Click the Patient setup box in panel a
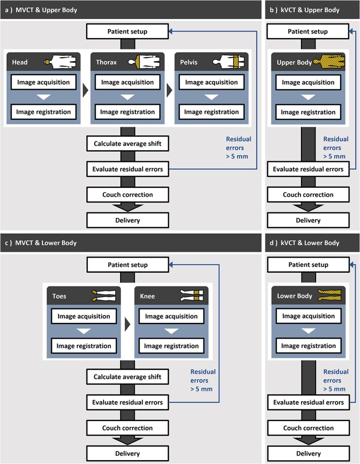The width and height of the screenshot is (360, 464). click(x=127, y=31)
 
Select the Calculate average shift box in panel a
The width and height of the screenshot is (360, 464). click(x=127, y=144)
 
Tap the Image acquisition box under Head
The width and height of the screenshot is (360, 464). click(x=43, y=82)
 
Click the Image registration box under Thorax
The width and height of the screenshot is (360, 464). click(x=127, y=112)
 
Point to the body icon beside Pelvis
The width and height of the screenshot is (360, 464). click(x=228, y=62)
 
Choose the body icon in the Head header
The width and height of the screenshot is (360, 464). click(x=61, y=62)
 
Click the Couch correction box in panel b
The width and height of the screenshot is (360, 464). click(x=308, y=195)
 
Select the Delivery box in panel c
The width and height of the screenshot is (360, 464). click(x=127, y=454)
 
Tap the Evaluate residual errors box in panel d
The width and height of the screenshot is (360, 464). click(x=308, y=402)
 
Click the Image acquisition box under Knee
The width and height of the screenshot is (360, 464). click(x=171, y=316)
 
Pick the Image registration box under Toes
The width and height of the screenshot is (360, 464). click(x=84, y=346)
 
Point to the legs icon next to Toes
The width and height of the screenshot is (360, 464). click(x=104, y=296)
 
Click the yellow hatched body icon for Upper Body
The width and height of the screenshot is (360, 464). click(x=329, y=62)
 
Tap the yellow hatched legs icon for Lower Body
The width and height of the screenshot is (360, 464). click(x=329, y=295)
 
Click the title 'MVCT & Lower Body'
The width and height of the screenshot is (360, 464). click(x=46, y=243)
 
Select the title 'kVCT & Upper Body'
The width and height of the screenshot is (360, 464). click(x=310, y=10)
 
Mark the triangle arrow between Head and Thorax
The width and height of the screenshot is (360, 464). click(x=85, y=90)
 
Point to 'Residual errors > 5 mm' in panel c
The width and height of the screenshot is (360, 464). click(x=202, y=380)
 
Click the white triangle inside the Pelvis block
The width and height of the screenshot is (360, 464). click(x=212, y=97)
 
